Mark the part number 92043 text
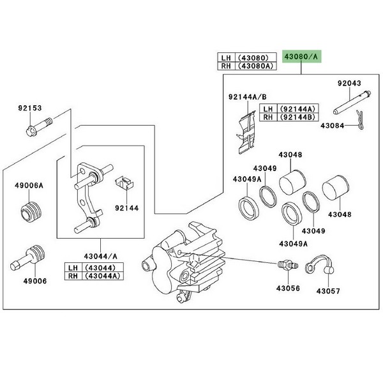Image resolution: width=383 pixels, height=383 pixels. [x=349, y=83]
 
